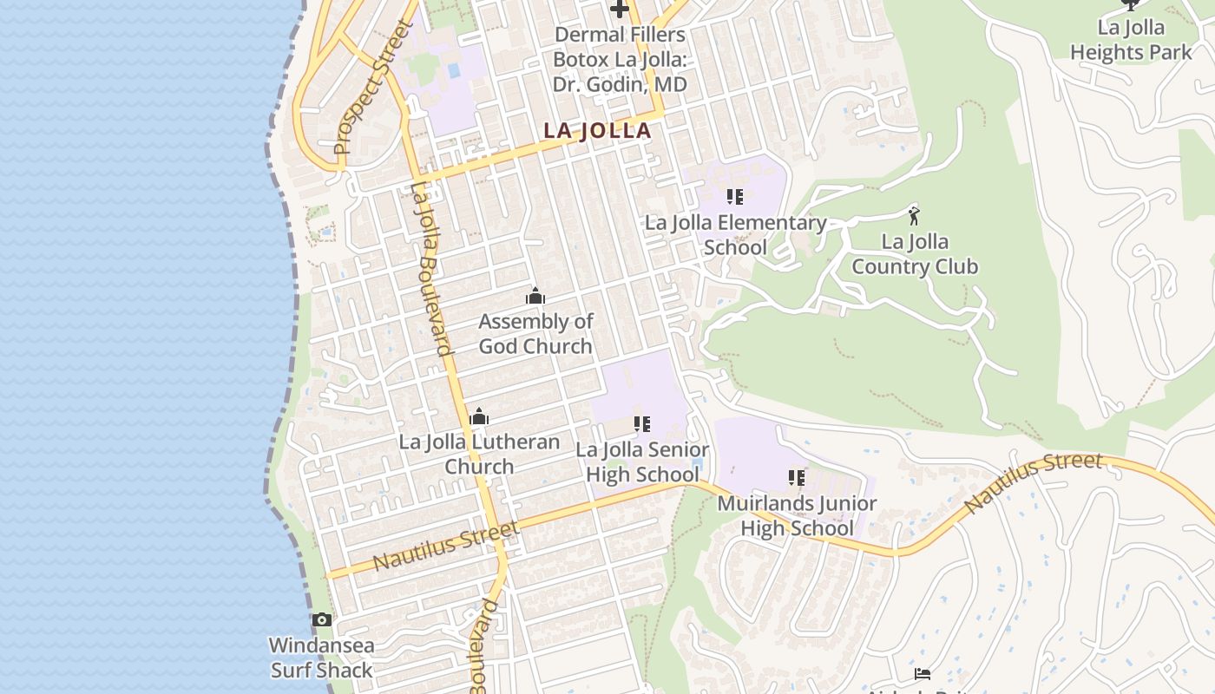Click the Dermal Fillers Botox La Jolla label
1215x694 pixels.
click(x=620, y=60)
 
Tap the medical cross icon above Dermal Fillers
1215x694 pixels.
click(x=619, y=10)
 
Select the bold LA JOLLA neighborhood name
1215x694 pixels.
click(x=597, y=131)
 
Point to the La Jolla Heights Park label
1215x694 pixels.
click(x=1131, y=40)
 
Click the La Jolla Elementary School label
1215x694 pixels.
click(x=735, y=235)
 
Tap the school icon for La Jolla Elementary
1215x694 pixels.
click(x=735, y=197)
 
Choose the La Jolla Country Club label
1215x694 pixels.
click(x=915, y=254)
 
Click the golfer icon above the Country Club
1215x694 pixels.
click(x=913, y=215)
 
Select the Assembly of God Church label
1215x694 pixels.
click(x=535, y=334)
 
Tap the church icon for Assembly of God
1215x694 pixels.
click(x=535, y=297)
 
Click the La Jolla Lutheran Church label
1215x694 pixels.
click(x=479, y=455)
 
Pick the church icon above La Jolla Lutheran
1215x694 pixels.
click(x=479, y=417)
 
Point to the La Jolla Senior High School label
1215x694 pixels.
click(x=642, y=462)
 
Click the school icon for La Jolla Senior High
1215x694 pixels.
click(x=642, y=424)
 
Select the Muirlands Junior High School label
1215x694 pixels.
click(x=797, y=515)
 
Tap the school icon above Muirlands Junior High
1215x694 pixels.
click(x=797, y=478)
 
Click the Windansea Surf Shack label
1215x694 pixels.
click(x=321, y=658)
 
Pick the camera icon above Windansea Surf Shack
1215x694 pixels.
click(x=322, y=619)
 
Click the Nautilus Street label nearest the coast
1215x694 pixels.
click(x=446, y=546)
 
